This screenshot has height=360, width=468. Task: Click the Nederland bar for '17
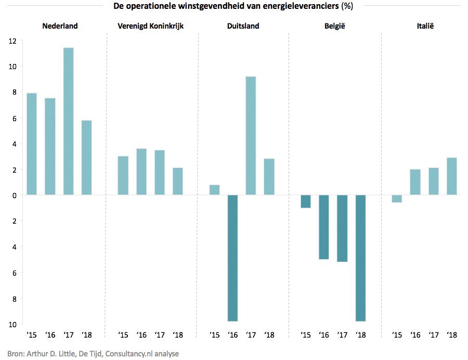coord(68,121)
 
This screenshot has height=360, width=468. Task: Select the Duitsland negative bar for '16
coord(232,258)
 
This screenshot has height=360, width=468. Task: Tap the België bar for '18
coord(360,258)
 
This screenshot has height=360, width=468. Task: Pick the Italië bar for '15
coord(397,199)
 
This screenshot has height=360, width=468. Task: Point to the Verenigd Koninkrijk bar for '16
coord(141,172)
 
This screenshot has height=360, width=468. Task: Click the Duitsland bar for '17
coord(251,136)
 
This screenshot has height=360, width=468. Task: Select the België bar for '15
coord(305,201)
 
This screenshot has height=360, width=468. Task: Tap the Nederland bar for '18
coord(86,158)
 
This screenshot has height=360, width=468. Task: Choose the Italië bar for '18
coord(451,176)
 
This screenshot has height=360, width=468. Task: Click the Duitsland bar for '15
coord(214,190)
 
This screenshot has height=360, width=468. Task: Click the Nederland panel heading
coord(60,26)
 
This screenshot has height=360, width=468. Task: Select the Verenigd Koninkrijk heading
coord(150,26)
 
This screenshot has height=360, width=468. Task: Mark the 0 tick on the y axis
coord(15,196)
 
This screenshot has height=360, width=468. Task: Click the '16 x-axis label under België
coord(324,335)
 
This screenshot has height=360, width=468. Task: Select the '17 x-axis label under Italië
coord(433,335)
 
